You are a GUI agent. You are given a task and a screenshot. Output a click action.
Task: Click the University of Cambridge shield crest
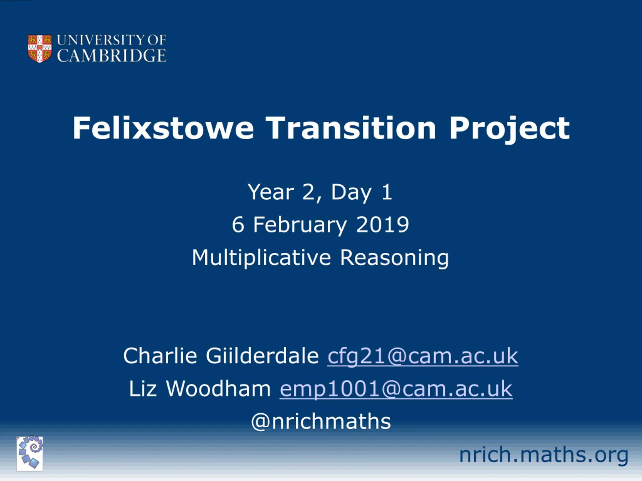(x=40, y=48)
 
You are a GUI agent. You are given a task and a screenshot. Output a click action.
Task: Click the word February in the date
(x=300, y=225)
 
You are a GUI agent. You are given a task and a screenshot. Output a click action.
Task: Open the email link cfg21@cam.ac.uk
(x=423, y=356)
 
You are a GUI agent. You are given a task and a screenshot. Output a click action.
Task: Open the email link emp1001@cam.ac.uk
(x=396, y=389)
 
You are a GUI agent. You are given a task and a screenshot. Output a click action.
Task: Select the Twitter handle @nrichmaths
(x=321, y=421)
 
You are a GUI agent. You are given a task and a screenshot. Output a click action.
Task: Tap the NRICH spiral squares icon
(x=30, y=454)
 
